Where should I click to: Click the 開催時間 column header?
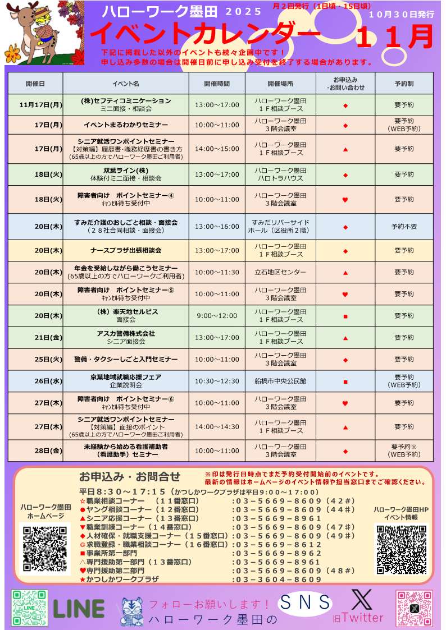coord(216,84)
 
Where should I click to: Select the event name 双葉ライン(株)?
coord(125,171)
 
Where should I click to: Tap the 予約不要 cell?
coord(404,227)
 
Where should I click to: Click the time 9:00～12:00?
coord(216,316)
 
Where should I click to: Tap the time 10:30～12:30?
coord(216,381)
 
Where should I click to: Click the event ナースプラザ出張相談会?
coord(126,250)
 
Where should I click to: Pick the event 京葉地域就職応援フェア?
coord(126,377)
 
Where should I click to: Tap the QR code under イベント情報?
coord(401,549)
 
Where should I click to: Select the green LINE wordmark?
coord(79,609)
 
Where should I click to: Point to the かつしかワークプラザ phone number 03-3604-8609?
coord(277,580)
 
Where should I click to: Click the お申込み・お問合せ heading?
coord(130,477)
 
